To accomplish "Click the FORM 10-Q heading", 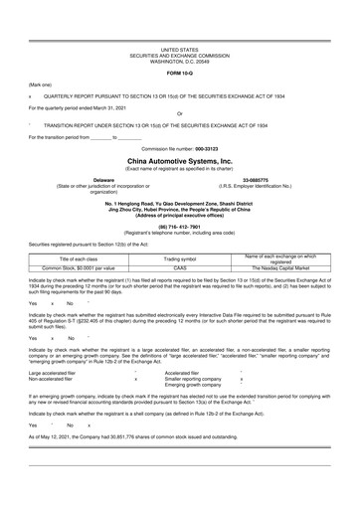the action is coord(179,74).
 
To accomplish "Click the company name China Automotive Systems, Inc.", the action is coord(179,159).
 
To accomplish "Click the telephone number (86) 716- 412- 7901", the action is coord(179,225).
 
